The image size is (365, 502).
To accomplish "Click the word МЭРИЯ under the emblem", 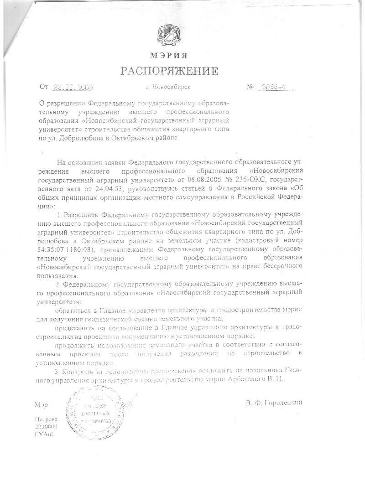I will click(169, 56).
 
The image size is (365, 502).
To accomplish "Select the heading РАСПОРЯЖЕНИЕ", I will click(169, 71).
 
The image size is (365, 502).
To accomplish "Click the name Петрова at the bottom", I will click(46, 419).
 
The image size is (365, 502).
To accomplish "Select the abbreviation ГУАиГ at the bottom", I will click(44, 434).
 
